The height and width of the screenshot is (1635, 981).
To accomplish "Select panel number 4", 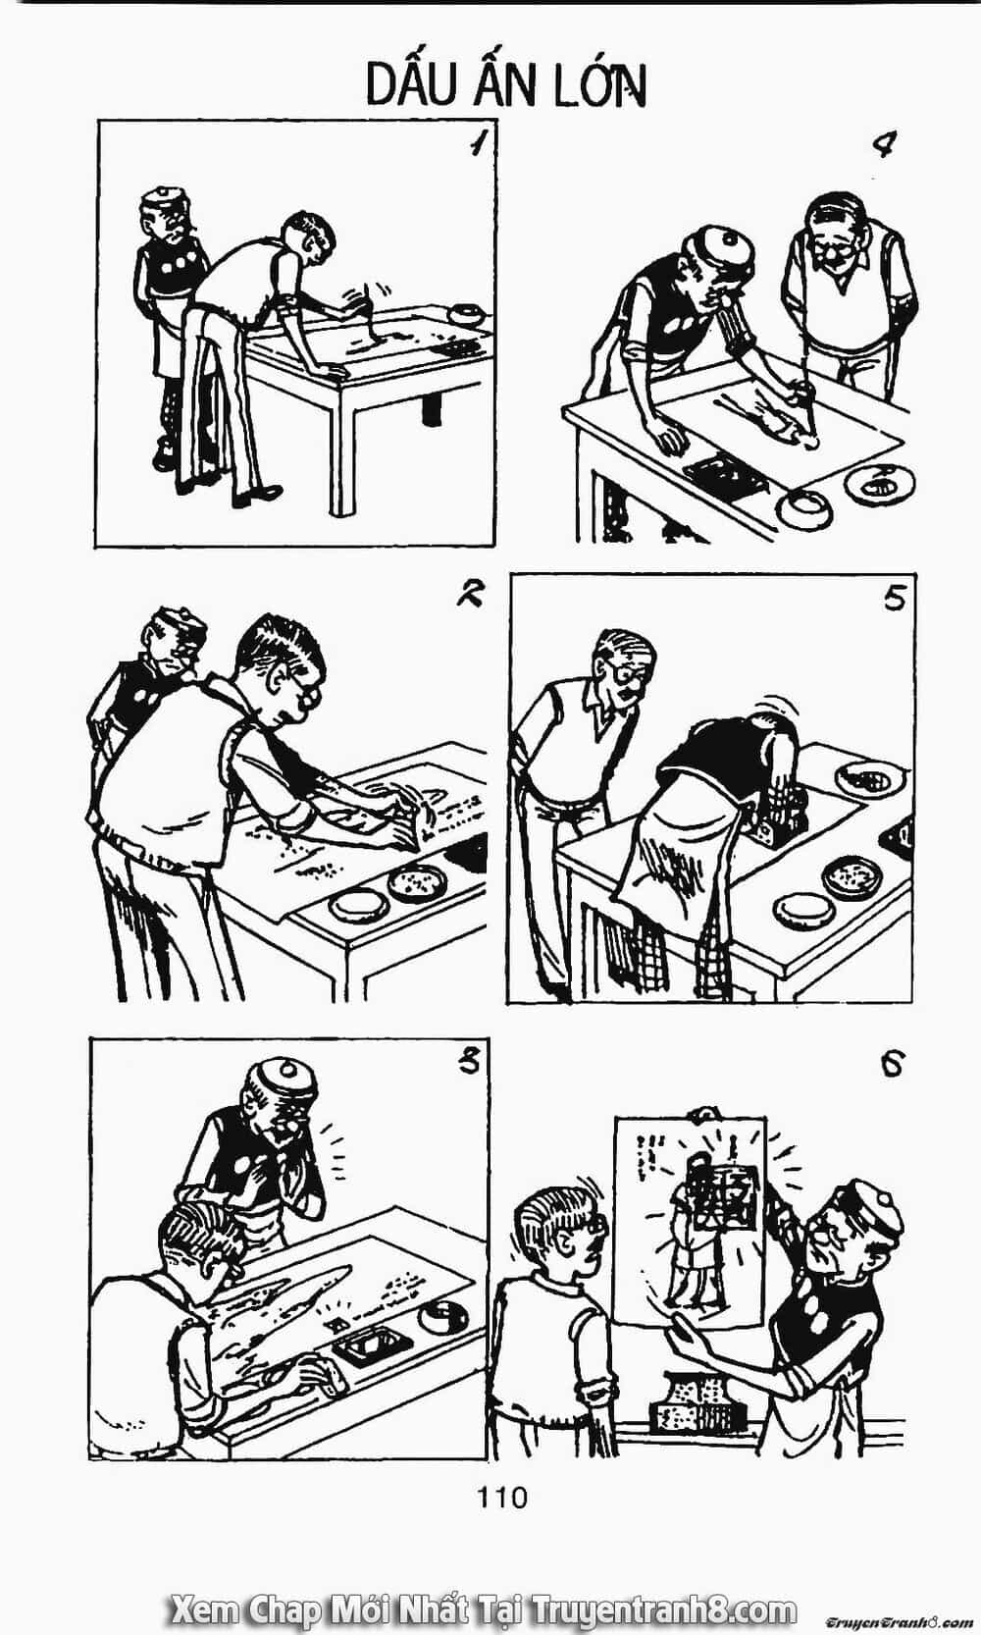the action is coord(884,145).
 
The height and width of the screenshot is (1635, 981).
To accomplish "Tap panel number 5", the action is coord(894,598).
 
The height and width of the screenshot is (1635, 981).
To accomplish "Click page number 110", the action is coord(502,1498).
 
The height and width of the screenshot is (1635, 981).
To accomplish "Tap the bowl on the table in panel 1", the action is coord(467,314).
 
